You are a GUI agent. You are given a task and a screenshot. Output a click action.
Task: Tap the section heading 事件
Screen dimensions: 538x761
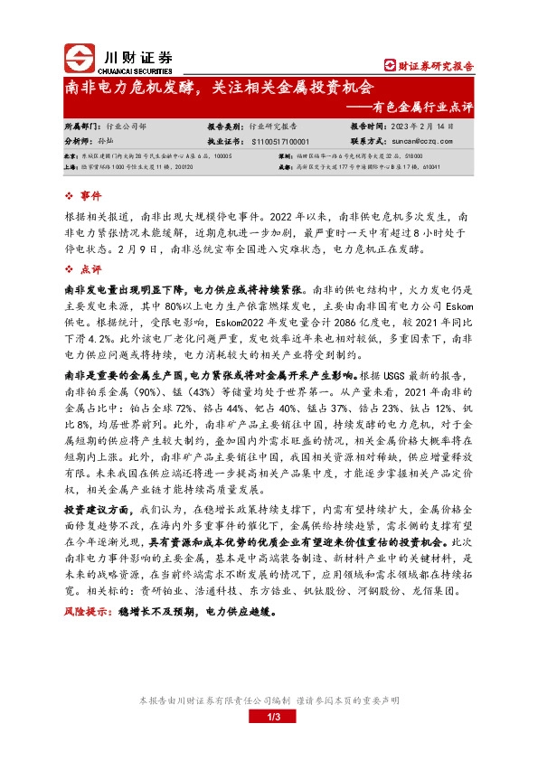click(x=91, y=195)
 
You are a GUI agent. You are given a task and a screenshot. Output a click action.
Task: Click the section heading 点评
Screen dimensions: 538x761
click(x=91, y=269)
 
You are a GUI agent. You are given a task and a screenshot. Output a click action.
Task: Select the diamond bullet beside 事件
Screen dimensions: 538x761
click(x=70, y=195)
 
